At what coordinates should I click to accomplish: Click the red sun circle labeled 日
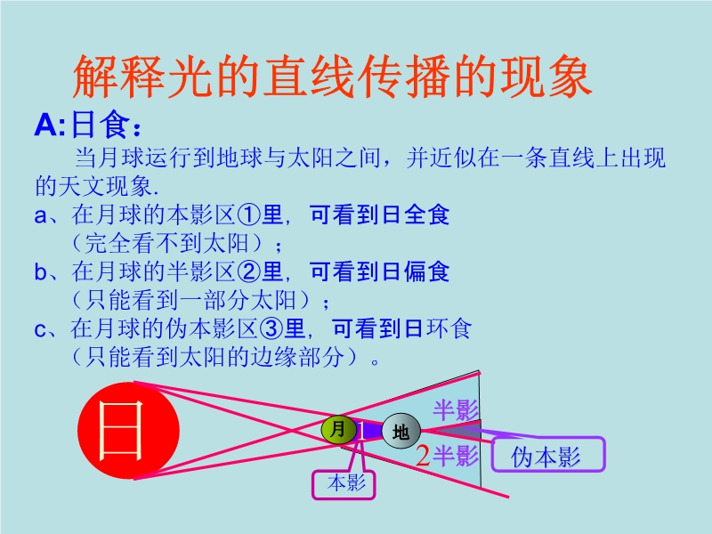tap(128, 431)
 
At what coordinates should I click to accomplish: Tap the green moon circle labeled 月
tap(339, 430)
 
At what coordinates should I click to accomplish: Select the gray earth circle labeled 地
tap(401, 431)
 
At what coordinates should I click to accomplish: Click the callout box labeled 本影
tap(344, 484)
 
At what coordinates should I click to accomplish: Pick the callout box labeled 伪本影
tap(548, 455)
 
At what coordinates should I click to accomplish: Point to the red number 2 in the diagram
tap(423, 456)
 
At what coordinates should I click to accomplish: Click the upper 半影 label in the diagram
tap(455, 410)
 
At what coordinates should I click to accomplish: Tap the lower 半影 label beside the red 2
tap(456, 456)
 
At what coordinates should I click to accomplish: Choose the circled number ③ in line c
tap(271, 328)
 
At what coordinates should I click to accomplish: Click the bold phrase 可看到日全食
tap(380, 214)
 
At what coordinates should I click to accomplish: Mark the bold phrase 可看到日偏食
tap(380, 271)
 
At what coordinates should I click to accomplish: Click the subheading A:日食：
tap(88, 125)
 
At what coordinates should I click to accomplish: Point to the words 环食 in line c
tap(449, 328)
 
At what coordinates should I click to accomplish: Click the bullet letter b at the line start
tap(40, 272)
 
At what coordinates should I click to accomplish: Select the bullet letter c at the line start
tap(40, 329)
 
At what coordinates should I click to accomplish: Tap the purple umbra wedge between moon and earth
tap(369, 431)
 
